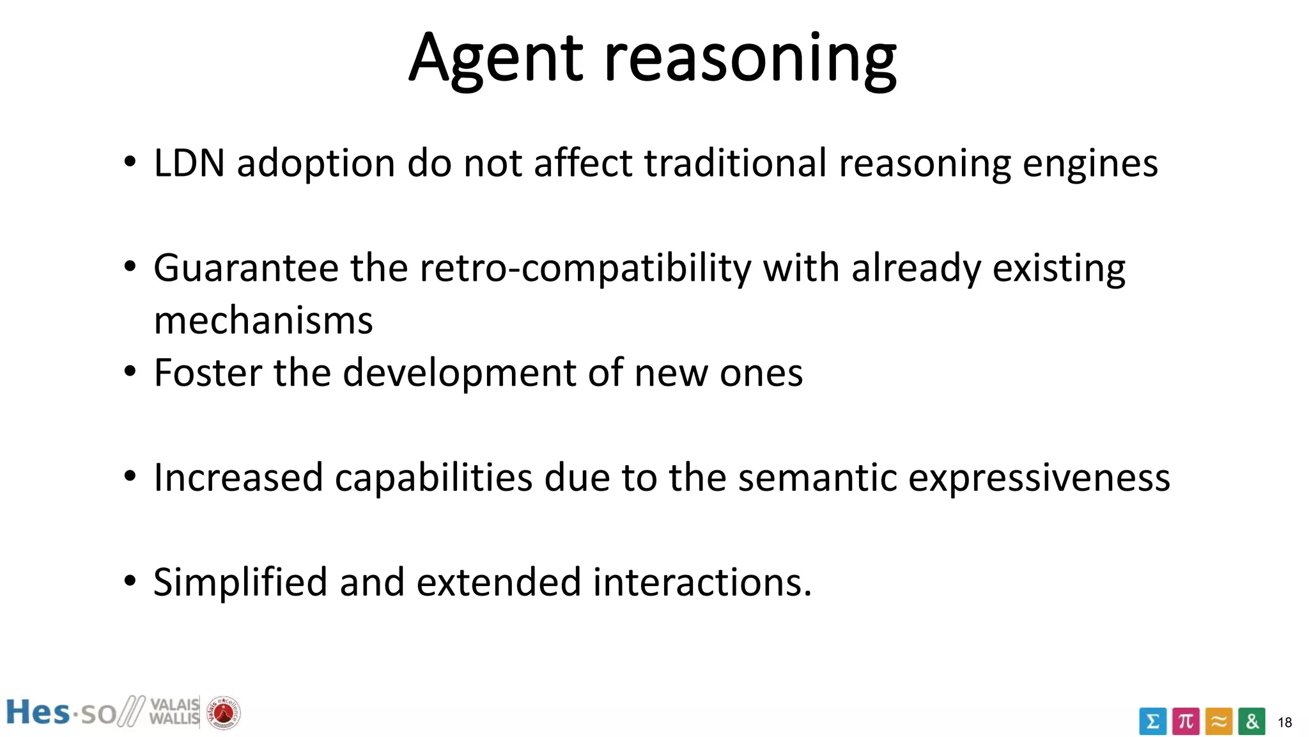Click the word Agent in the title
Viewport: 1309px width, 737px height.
pyautogui.click(x=496, y=59)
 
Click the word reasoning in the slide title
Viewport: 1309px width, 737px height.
pyautogui.click(x=750, y=59)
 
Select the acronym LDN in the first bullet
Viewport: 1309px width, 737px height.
pyautogui.click(x=189, y=163)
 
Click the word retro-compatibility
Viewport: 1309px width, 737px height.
pyautogui.click(x=585, y=269)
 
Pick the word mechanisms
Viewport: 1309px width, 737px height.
pyautogui.click(x=263, y=321)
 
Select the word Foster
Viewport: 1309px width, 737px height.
pyautogui.click(x=208, y=372)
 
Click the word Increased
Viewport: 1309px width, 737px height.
pyautogui.click(x=238, y=478)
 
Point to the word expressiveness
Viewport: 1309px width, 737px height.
pyautogui.click(x=1039, y=478)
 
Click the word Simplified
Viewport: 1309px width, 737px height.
pyautogui.click(x=240, y=583)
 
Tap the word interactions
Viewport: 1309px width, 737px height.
pyautogui.click(x=702, y=583)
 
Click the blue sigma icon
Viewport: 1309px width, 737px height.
pyautogui.click(x=1152, y=722)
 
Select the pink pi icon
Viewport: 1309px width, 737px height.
pyautogui.click(x=1186, y=722)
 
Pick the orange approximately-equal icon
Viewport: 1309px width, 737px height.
pyautogui.click(x=1219, y=722)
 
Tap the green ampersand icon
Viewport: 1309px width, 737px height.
pyautogui.click(x=1251, y=722)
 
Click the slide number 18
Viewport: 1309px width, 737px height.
pyautogui.click(x=1285, y=723)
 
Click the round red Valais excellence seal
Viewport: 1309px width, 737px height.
pyautogui.click(x=223, y=712)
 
